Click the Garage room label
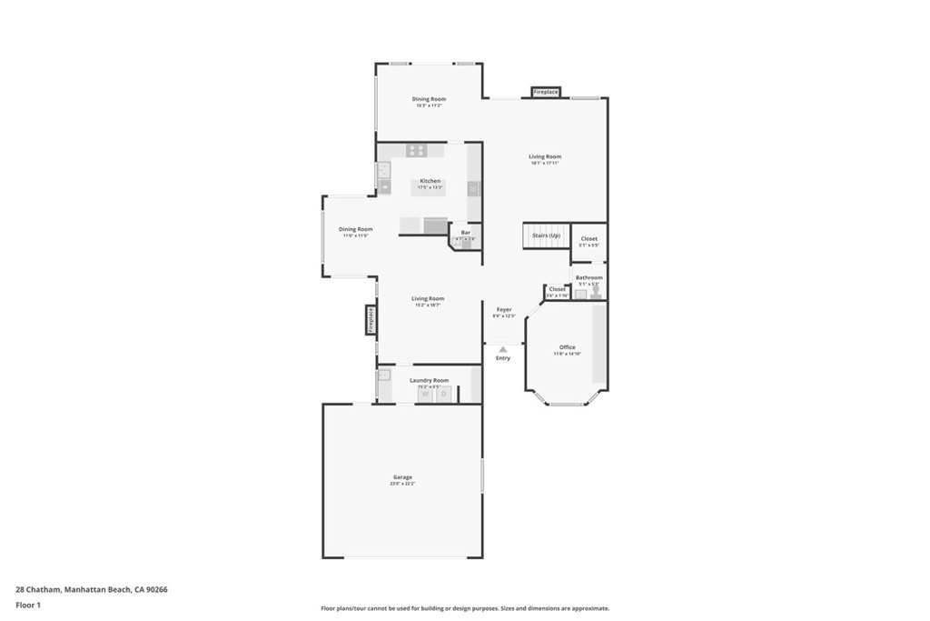(402, 477)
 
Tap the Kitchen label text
(430, 181)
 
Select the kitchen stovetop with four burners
(416, 151)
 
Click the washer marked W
(425, 395)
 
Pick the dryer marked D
(443, 395)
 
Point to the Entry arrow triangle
(502, 348)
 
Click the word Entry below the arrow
(502, 358)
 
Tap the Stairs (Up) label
(546, 235)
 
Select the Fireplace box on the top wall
(546, 92)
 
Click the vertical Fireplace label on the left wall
(371, 319)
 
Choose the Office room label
(568, 347)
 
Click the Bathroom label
(589, 277)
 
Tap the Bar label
(465, 233)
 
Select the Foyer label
(504, 310)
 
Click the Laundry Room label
(429, 380)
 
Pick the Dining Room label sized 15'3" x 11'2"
(429, 99)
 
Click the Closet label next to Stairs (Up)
(589, 239)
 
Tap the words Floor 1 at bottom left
(28, 605)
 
